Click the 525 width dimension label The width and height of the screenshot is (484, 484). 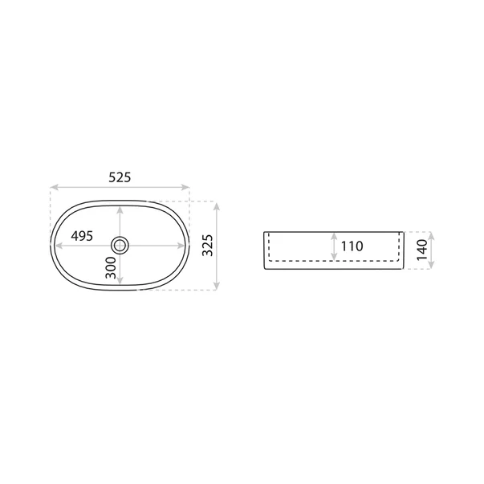coord(120,177)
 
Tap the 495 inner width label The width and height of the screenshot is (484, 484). coord(82,236)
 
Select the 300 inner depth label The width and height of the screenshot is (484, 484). coord(111,267)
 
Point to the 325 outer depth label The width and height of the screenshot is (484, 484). coord(208,245)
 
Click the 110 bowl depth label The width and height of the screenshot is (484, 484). coord(352,246)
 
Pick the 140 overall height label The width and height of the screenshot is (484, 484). coord(422,250)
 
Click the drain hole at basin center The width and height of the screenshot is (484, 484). coord(120,246)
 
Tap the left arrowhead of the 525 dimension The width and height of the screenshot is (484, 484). coord(54,187)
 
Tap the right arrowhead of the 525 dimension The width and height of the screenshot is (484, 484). coord(185,187)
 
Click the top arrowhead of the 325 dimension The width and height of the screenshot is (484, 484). coord(217,206)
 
